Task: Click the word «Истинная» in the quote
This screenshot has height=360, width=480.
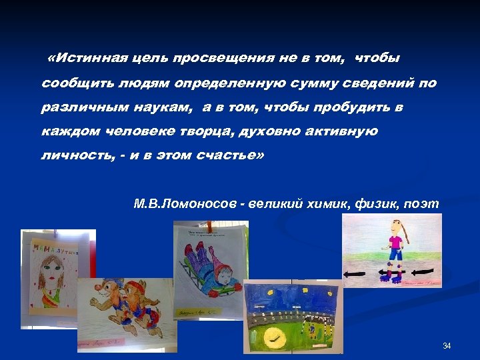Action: (x=85, y=59)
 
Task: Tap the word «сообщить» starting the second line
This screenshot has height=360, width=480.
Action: (x=70, y=84)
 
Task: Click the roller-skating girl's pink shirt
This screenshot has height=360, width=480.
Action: (x=395, y=238)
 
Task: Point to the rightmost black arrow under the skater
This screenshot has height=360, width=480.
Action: (x=421, y=272)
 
